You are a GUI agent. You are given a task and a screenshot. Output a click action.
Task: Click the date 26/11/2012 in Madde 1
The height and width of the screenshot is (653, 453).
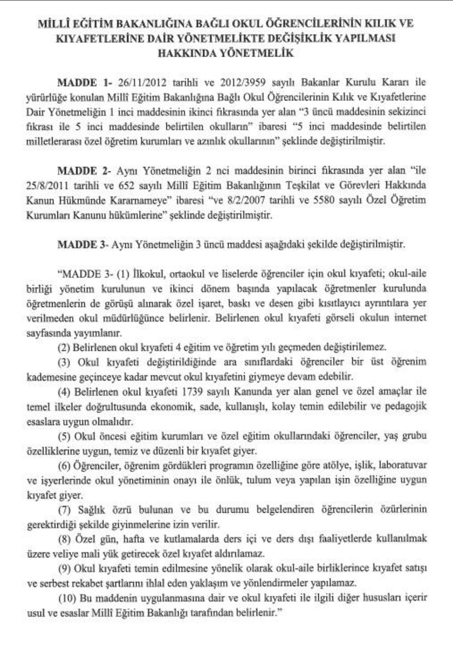[143, 82]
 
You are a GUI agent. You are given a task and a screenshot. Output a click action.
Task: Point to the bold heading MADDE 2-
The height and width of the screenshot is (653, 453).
[84, 171]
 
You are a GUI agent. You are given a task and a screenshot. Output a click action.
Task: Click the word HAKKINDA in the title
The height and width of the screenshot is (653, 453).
[183, 53]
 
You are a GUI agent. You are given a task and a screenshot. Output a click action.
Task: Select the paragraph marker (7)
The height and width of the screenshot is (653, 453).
[65, 510]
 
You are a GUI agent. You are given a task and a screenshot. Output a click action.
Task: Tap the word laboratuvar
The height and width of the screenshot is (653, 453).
[403, 466]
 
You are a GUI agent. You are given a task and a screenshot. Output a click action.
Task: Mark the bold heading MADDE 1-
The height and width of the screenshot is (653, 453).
[83, 82]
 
